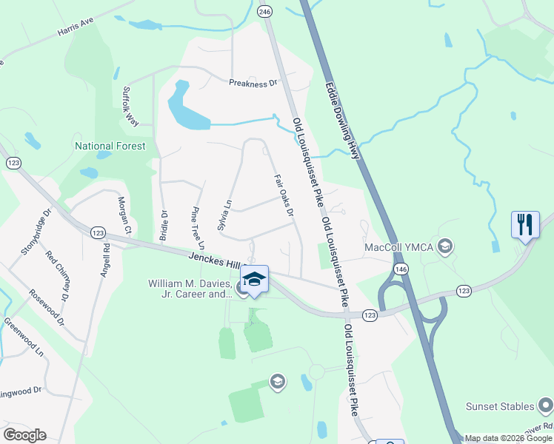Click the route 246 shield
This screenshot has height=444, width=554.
pyautogui.click(x=265, y=11)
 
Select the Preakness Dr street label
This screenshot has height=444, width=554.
pyautogui.click(x=253, y=84)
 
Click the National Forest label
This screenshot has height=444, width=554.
pyautogui.click(x=110, y=146)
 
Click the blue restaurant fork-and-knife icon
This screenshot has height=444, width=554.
pyautogui.click(x=525, y=223)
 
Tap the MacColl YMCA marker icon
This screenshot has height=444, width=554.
pyautogui.click(x=445, y=246)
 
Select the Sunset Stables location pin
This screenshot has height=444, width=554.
pyautogui.click(x=545, y=406)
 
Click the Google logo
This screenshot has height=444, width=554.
pyautogui.click(x=24, y=435)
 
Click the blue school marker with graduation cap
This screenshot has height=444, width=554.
pyautogui.click(x=254, y=279)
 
